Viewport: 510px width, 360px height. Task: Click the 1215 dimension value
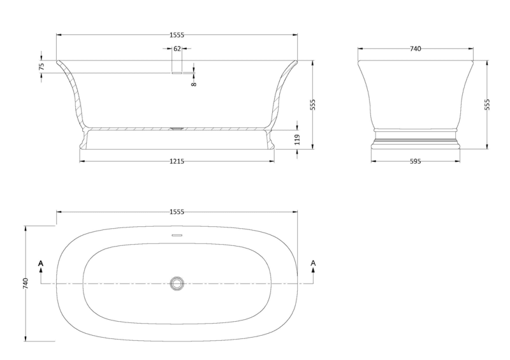[177, 162]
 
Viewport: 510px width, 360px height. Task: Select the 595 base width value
[416, 162]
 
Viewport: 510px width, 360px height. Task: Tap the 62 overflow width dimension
[177, 48]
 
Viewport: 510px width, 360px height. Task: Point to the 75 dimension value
[41, 66]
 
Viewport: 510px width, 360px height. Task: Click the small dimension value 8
[193, 82]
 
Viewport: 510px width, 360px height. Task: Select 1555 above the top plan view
[177, 212]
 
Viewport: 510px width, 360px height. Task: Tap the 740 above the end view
[416, 48]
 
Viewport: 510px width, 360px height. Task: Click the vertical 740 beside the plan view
[25, 283]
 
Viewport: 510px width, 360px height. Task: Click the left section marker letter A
[41, 263]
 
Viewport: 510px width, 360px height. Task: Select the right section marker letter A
[313, 263]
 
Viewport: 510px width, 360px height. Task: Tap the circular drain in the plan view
[177, 283]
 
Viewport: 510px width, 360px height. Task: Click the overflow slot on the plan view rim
[177, 235]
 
